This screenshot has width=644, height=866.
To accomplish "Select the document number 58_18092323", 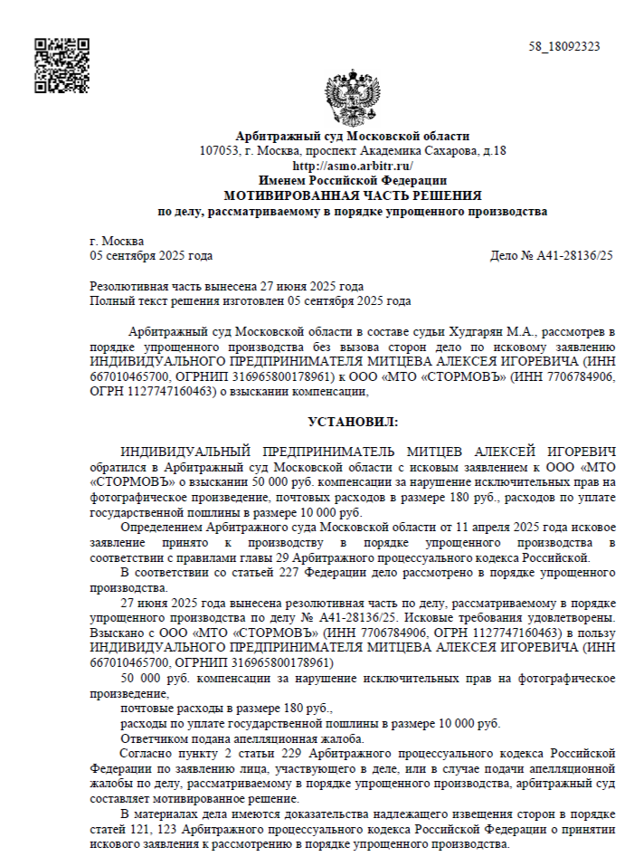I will (x=564, y=47).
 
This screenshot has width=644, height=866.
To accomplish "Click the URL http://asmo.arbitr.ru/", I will (x=353, y=166).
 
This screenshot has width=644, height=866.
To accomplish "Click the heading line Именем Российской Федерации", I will (x=353, y=181).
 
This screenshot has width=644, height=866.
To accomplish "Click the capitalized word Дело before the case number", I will (x=504, y=256).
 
